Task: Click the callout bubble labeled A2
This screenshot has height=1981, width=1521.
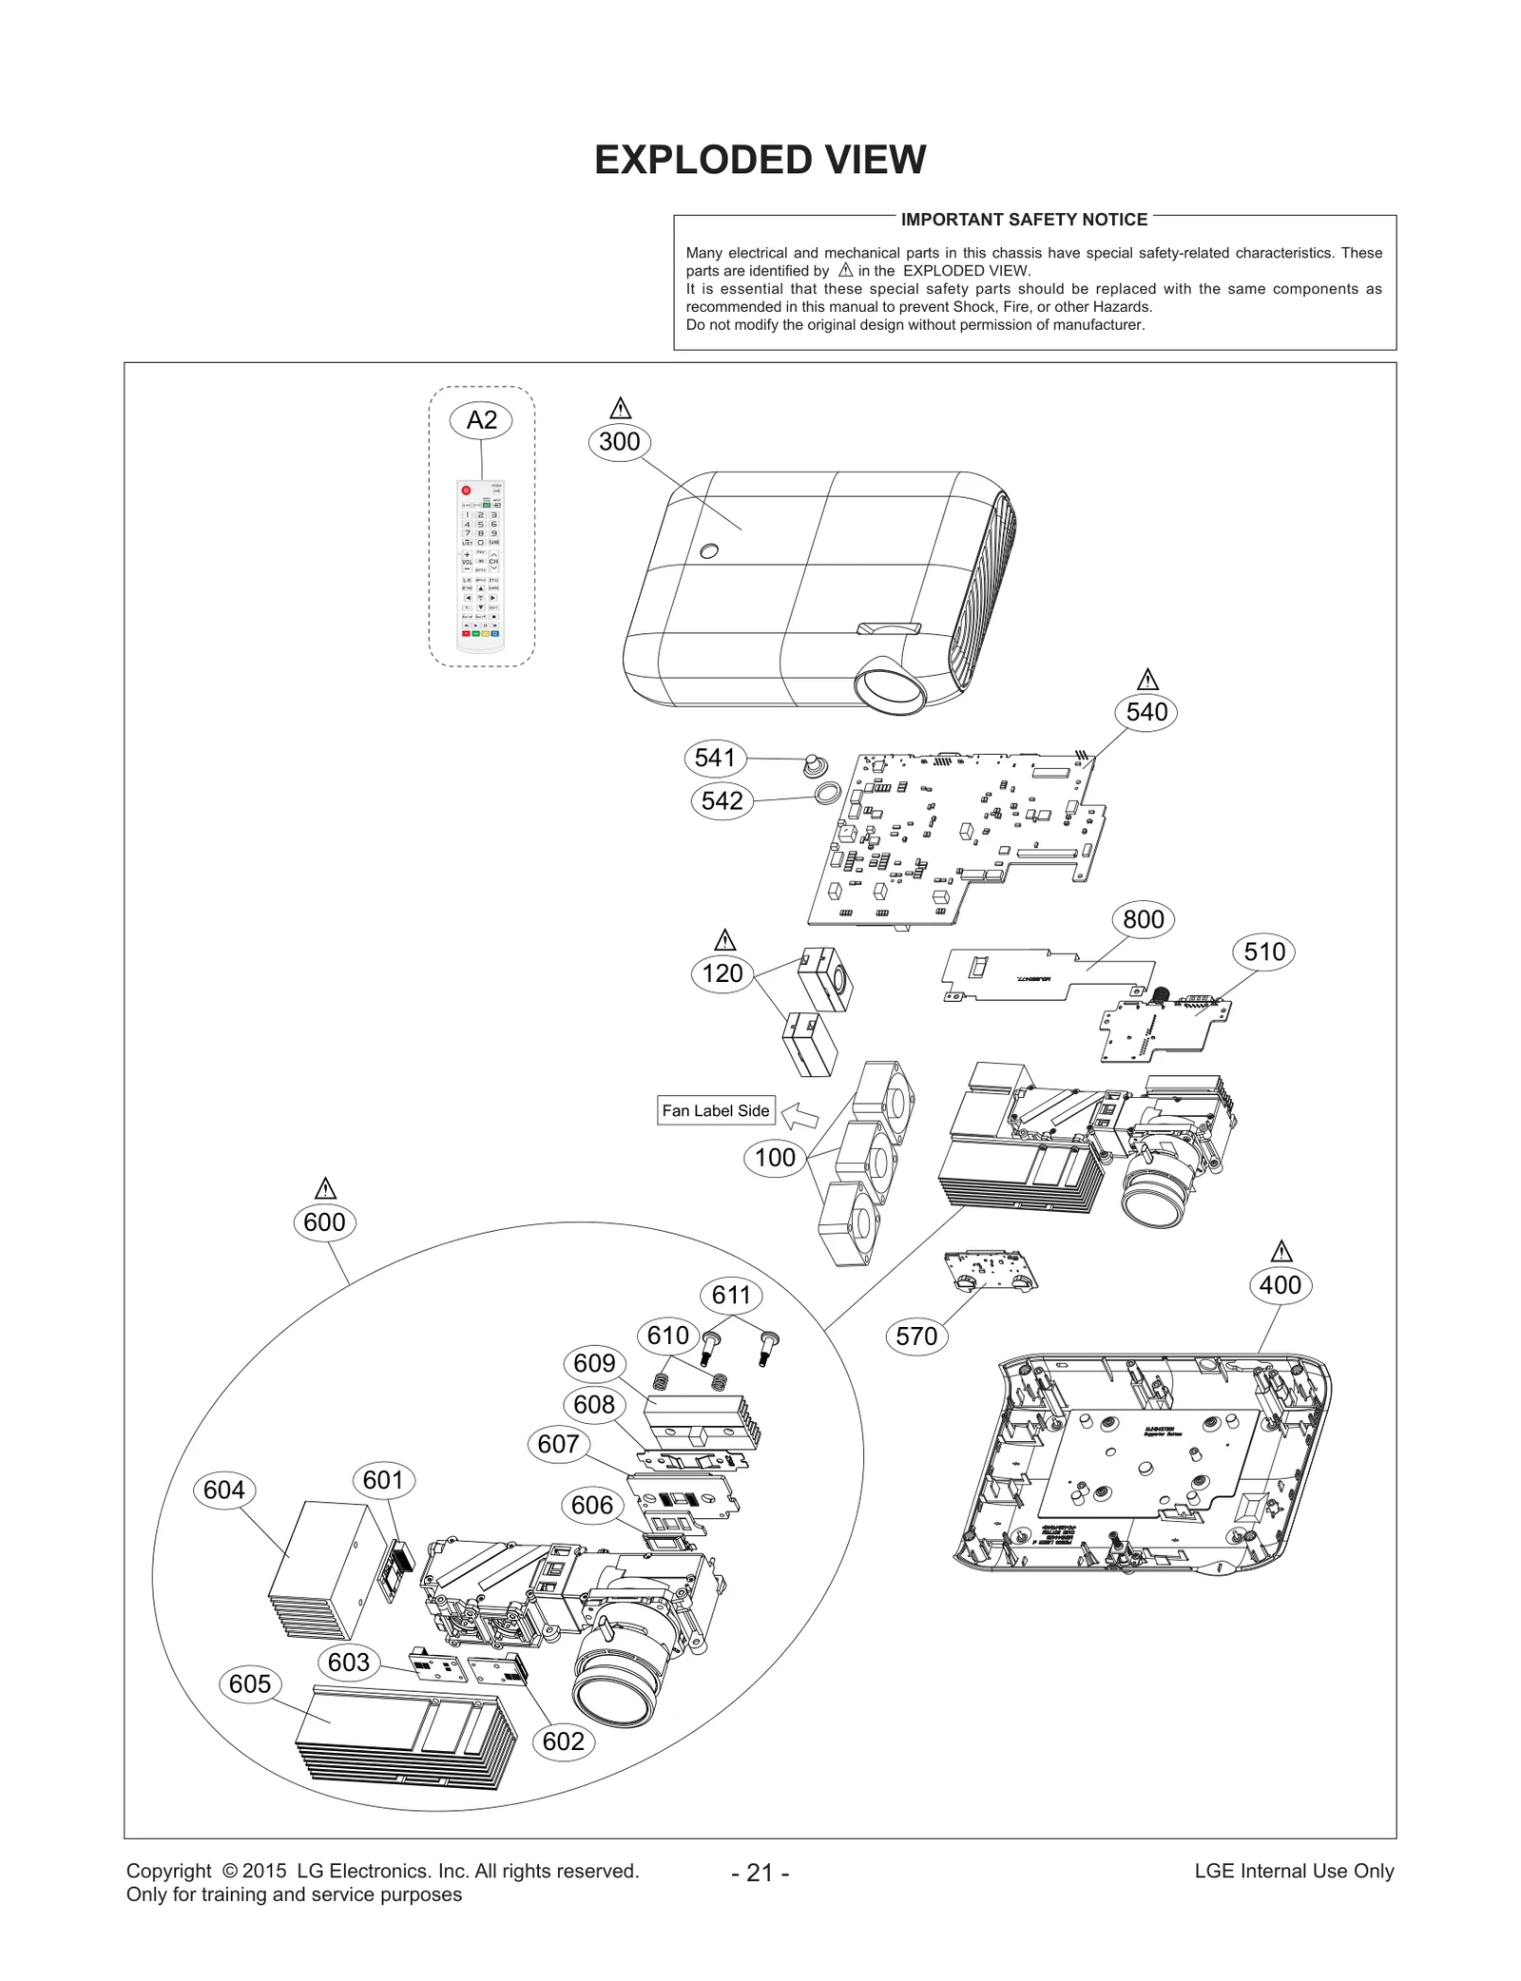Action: pyautogui.click(x=481, y=420)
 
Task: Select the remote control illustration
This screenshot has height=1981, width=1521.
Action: pyautogui.click(x=481, y=567)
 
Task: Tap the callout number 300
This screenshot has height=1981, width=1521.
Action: pyautogui.click(x=619, y=442)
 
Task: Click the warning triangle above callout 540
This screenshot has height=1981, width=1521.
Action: pyautogui.click(x=1146, y=681)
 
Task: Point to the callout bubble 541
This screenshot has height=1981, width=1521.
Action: pyautogui.click(x=715, y=758)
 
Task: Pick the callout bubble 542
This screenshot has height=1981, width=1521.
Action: pyautogui.click(x=722, y=800)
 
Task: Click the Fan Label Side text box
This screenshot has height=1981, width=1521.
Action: pyautogui.click(x=715, y=1110)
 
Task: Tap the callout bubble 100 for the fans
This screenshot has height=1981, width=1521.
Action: pyautogui.click(x=775, y=1158)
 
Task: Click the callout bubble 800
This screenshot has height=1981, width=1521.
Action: pyautogui.click(x=1143, y=919)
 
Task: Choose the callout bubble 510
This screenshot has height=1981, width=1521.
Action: pyautogui.click(x=1263, y=952)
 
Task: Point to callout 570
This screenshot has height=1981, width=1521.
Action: pyautogui.click(x=916, y=1337)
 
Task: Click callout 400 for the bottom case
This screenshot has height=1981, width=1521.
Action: pyautogui.click(x=1280, y=1285)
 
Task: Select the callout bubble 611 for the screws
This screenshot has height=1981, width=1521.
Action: pyautogui.click(x=731, y=1295)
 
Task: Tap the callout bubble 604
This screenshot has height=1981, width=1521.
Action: pyautogui.click(x=224, y=1490)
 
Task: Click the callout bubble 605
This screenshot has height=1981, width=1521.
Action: pyautogui.click(x=250, y=1683)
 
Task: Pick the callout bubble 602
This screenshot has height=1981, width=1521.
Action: pyautogui.click(x=564, y=1741)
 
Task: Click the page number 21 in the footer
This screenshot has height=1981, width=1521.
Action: pyautogui.click(x=760, y=1873)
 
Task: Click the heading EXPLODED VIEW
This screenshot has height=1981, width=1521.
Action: pyautogui.click(x=760, y=160)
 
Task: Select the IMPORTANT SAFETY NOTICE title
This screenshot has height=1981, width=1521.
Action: pyautogui.click(x=1024, y=220)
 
